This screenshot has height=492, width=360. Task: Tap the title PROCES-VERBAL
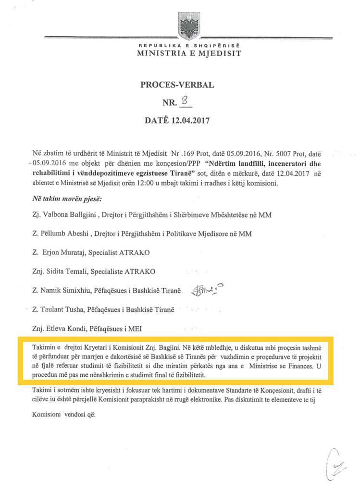(177, 86)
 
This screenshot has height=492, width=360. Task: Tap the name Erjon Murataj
(62, 253)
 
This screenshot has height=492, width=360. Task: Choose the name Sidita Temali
(66, 271)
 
